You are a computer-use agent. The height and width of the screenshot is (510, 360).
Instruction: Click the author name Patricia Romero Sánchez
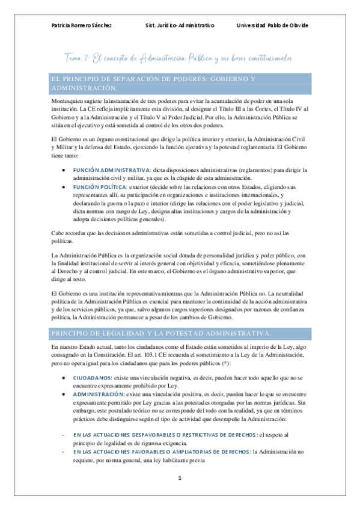pos(81,25)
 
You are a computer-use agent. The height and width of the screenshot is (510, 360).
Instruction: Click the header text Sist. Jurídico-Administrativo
pos(180,25)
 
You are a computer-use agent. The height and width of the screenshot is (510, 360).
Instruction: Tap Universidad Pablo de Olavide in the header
pos(272,25)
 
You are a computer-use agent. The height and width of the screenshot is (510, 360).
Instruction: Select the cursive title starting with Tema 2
pos(180,58)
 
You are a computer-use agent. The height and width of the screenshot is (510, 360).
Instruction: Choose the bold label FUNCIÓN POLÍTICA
pos(102,188)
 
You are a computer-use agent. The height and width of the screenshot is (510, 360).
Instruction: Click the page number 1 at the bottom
pos(179,478)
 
